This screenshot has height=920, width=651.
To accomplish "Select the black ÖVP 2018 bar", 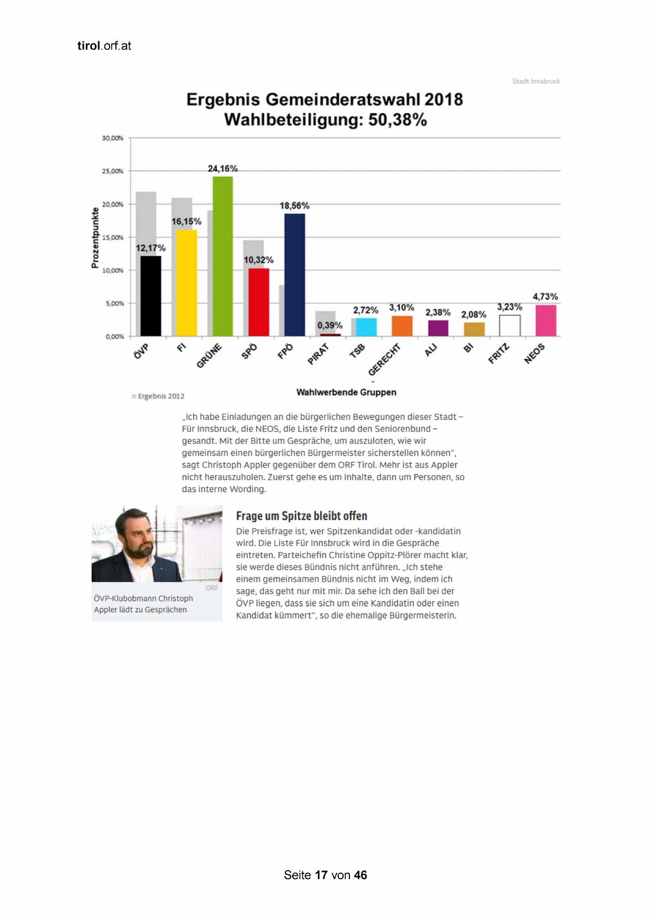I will (x=151, y=296).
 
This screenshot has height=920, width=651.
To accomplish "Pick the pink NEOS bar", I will (x=546, y=320).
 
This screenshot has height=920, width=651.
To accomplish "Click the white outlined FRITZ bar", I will (x=509, y=325).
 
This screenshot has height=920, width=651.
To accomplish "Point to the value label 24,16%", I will (x=222, y=168).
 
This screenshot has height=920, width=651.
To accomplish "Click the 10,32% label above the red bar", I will (x=258, y=260).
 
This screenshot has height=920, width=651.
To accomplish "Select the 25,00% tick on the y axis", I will (x=112, y=171).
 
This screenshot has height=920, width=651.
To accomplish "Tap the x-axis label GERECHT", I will (x=384, y=359).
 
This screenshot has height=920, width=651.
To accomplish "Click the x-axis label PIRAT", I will (x=318, y=354).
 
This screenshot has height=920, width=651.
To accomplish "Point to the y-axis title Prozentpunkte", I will (x=95, y=238).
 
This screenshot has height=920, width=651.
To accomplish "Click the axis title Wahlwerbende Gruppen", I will (x=346, y=392).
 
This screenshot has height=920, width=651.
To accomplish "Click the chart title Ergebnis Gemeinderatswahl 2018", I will (x=324, y=100).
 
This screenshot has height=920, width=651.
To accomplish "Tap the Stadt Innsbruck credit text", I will (x=536, y=81).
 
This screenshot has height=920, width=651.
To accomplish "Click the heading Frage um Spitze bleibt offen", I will (x=301, y=516).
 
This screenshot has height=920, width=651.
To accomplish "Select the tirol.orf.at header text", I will (x=104, y=46).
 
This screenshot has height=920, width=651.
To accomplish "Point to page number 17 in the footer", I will (x=321, y=875).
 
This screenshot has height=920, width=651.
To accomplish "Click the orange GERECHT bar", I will (x=402, y=326).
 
